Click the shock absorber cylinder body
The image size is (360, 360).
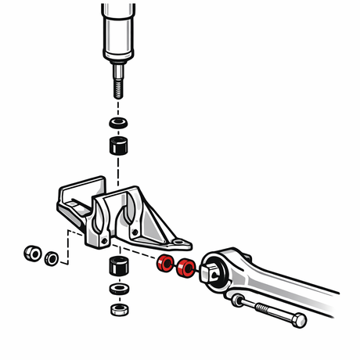pos(118,31)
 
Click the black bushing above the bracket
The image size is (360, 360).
pos(118,147)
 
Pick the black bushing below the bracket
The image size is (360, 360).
pos(118,267)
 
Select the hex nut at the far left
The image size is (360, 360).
pos(33,254)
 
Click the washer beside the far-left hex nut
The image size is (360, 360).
pos(52,257)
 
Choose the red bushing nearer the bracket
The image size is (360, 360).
pos(164,264)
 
